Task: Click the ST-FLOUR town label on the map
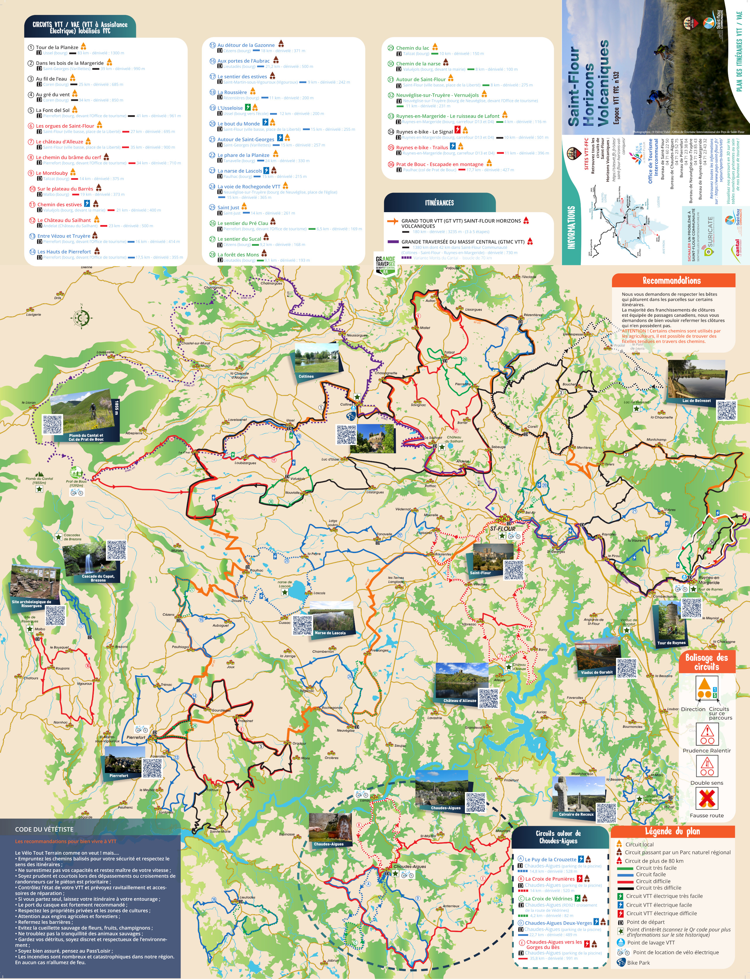pyautogui.click(x=503, y=529)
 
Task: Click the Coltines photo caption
pyautogui.click(x=306, y=376)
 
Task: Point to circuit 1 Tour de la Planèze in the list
pyautogui.click(x=57, y=47)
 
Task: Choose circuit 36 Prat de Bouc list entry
pyautogui.click(x=439, y=164)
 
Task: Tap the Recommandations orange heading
pyautogui.click(x=671, y=280)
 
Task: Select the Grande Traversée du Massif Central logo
pyautogui.click(x=385, y=265)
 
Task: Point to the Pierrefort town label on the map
pyautogui.click(x=136, y=737)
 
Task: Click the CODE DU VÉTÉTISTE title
pyautogui.click(x=44, y=829)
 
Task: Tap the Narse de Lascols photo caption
pyautogui.click(x=330, y=633)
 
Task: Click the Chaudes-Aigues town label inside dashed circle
pyautogui.click(x=409, y=866)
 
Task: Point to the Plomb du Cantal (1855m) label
pyautogui.click(x=39, y=480)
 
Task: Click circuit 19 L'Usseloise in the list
pyautogui.click(x=230, y=108)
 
